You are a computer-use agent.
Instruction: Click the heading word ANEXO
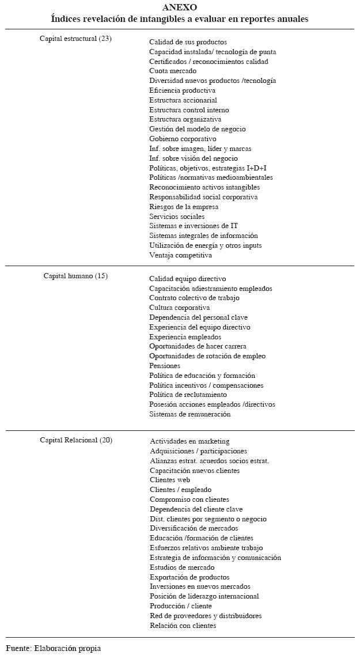tap(179, 7)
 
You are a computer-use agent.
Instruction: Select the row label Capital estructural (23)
tap(75, 39)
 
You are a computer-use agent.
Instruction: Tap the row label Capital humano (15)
tap(75, 276)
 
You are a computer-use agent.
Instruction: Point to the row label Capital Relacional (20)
tap(76, 441)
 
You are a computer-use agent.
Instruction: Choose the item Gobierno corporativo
tap(183, 139)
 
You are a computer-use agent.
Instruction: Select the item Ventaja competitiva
tap(180, 255)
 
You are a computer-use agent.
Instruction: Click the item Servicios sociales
tap(176, 217)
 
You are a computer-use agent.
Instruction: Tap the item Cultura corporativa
tap(179, 308)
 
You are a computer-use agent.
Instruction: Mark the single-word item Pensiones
tap(165, 366)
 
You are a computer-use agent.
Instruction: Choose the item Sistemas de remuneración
tap(190, 414)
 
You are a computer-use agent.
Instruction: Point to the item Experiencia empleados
tap(185, 337)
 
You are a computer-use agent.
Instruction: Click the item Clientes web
tap(170, 480)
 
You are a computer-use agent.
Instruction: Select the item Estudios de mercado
tap(182, 567)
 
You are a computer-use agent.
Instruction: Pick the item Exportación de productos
tap(190, 577)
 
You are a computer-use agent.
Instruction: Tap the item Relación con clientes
tap(183, 626)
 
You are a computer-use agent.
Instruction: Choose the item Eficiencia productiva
tap(182, 90)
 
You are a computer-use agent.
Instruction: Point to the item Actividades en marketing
tap(190, 441)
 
